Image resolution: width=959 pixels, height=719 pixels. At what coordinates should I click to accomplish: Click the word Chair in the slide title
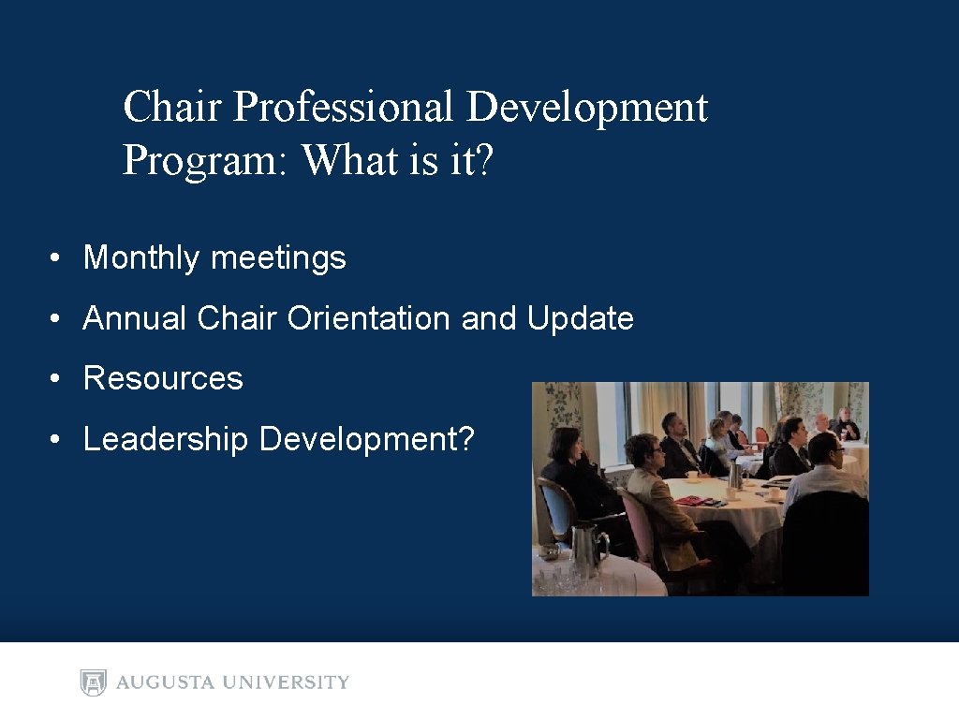pos(173,107)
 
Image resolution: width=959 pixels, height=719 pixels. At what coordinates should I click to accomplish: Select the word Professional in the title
pos(345,107)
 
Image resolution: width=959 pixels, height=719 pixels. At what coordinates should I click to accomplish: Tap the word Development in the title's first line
pos(587,107)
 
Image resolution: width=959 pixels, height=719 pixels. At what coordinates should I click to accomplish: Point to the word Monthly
pos(142,258)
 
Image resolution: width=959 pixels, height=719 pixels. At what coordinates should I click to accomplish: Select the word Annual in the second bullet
pos(135,319)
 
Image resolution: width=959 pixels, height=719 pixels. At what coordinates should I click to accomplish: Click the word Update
pos(581,319)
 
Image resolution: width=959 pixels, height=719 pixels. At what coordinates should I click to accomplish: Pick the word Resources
pos(163,379)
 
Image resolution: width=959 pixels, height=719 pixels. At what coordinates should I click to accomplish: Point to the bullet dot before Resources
pos(58,380)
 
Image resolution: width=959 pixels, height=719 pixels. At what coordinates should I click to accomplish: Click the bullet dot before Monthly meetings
pos(58,259)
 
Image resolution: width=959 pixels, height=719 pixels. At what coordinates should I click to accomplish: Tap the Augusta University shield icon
pos(94,682)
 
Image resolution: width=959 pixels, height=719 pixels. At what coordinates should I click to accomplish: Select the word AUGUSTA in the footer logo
pos(167,682)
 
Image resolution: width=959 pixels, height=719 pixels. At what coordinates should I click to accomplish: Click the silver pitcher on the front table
pos(587,547)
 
